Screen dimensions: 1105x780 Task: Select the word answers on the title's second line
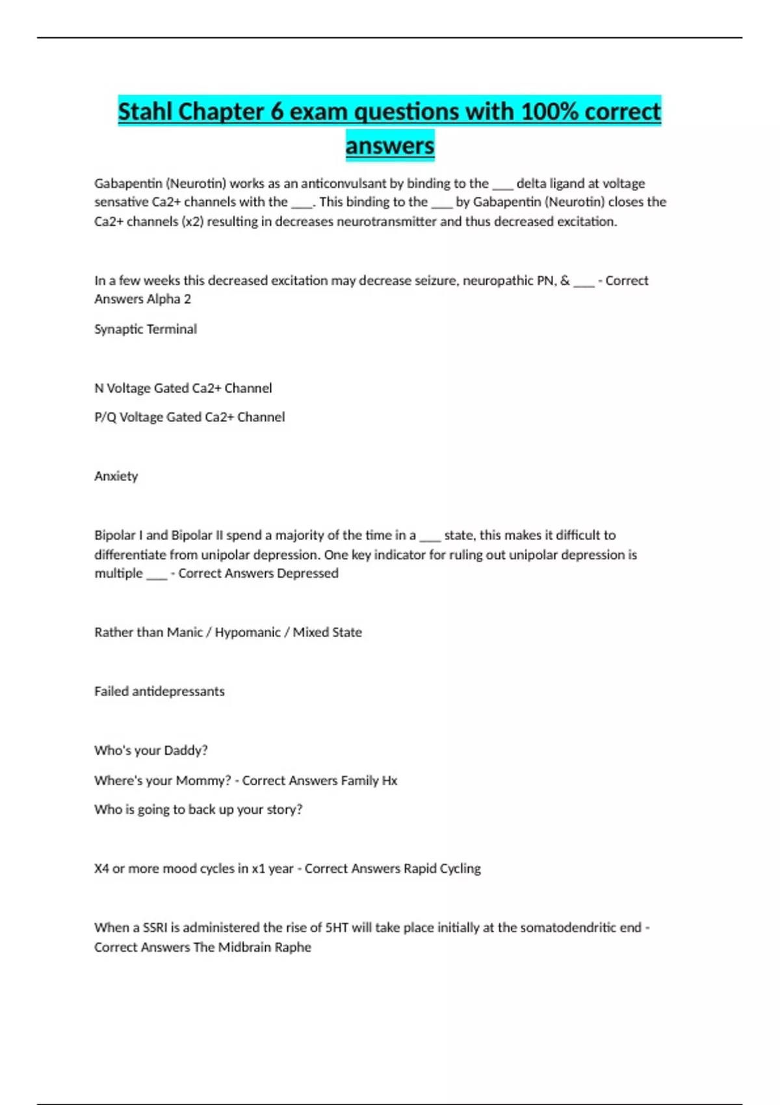[390, 146]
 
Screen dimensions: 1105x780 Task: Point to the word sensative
[122, 202]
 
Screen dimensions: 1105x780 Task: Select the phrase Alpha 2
[169, 299]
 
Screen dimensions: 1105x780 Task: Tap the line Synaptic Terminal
[146, 329]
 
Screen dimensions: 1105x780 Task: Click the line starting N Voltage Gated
[183, 388]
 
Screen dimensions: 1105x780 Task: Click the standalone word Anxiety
[116, 476]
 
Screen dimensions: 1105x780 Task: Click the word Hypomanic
[248, 632]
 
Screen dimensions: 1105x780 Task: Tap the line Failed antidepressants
[159, 692]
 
